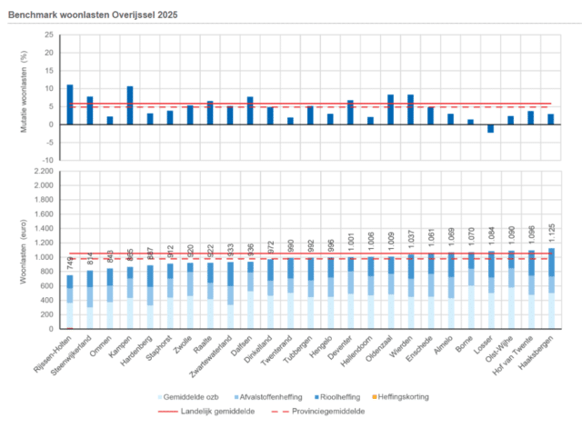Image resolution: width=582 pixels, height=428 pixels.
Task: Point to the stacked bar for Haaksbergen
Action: pos(550,288)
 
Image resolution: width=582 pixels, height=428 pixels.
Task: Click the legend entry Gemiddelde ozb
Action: pos(190,396)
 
